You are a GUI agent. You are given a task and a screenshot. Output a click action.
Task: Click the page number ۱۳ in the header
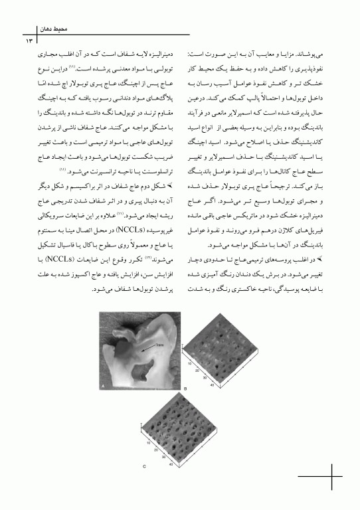(x=29, y=42)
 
